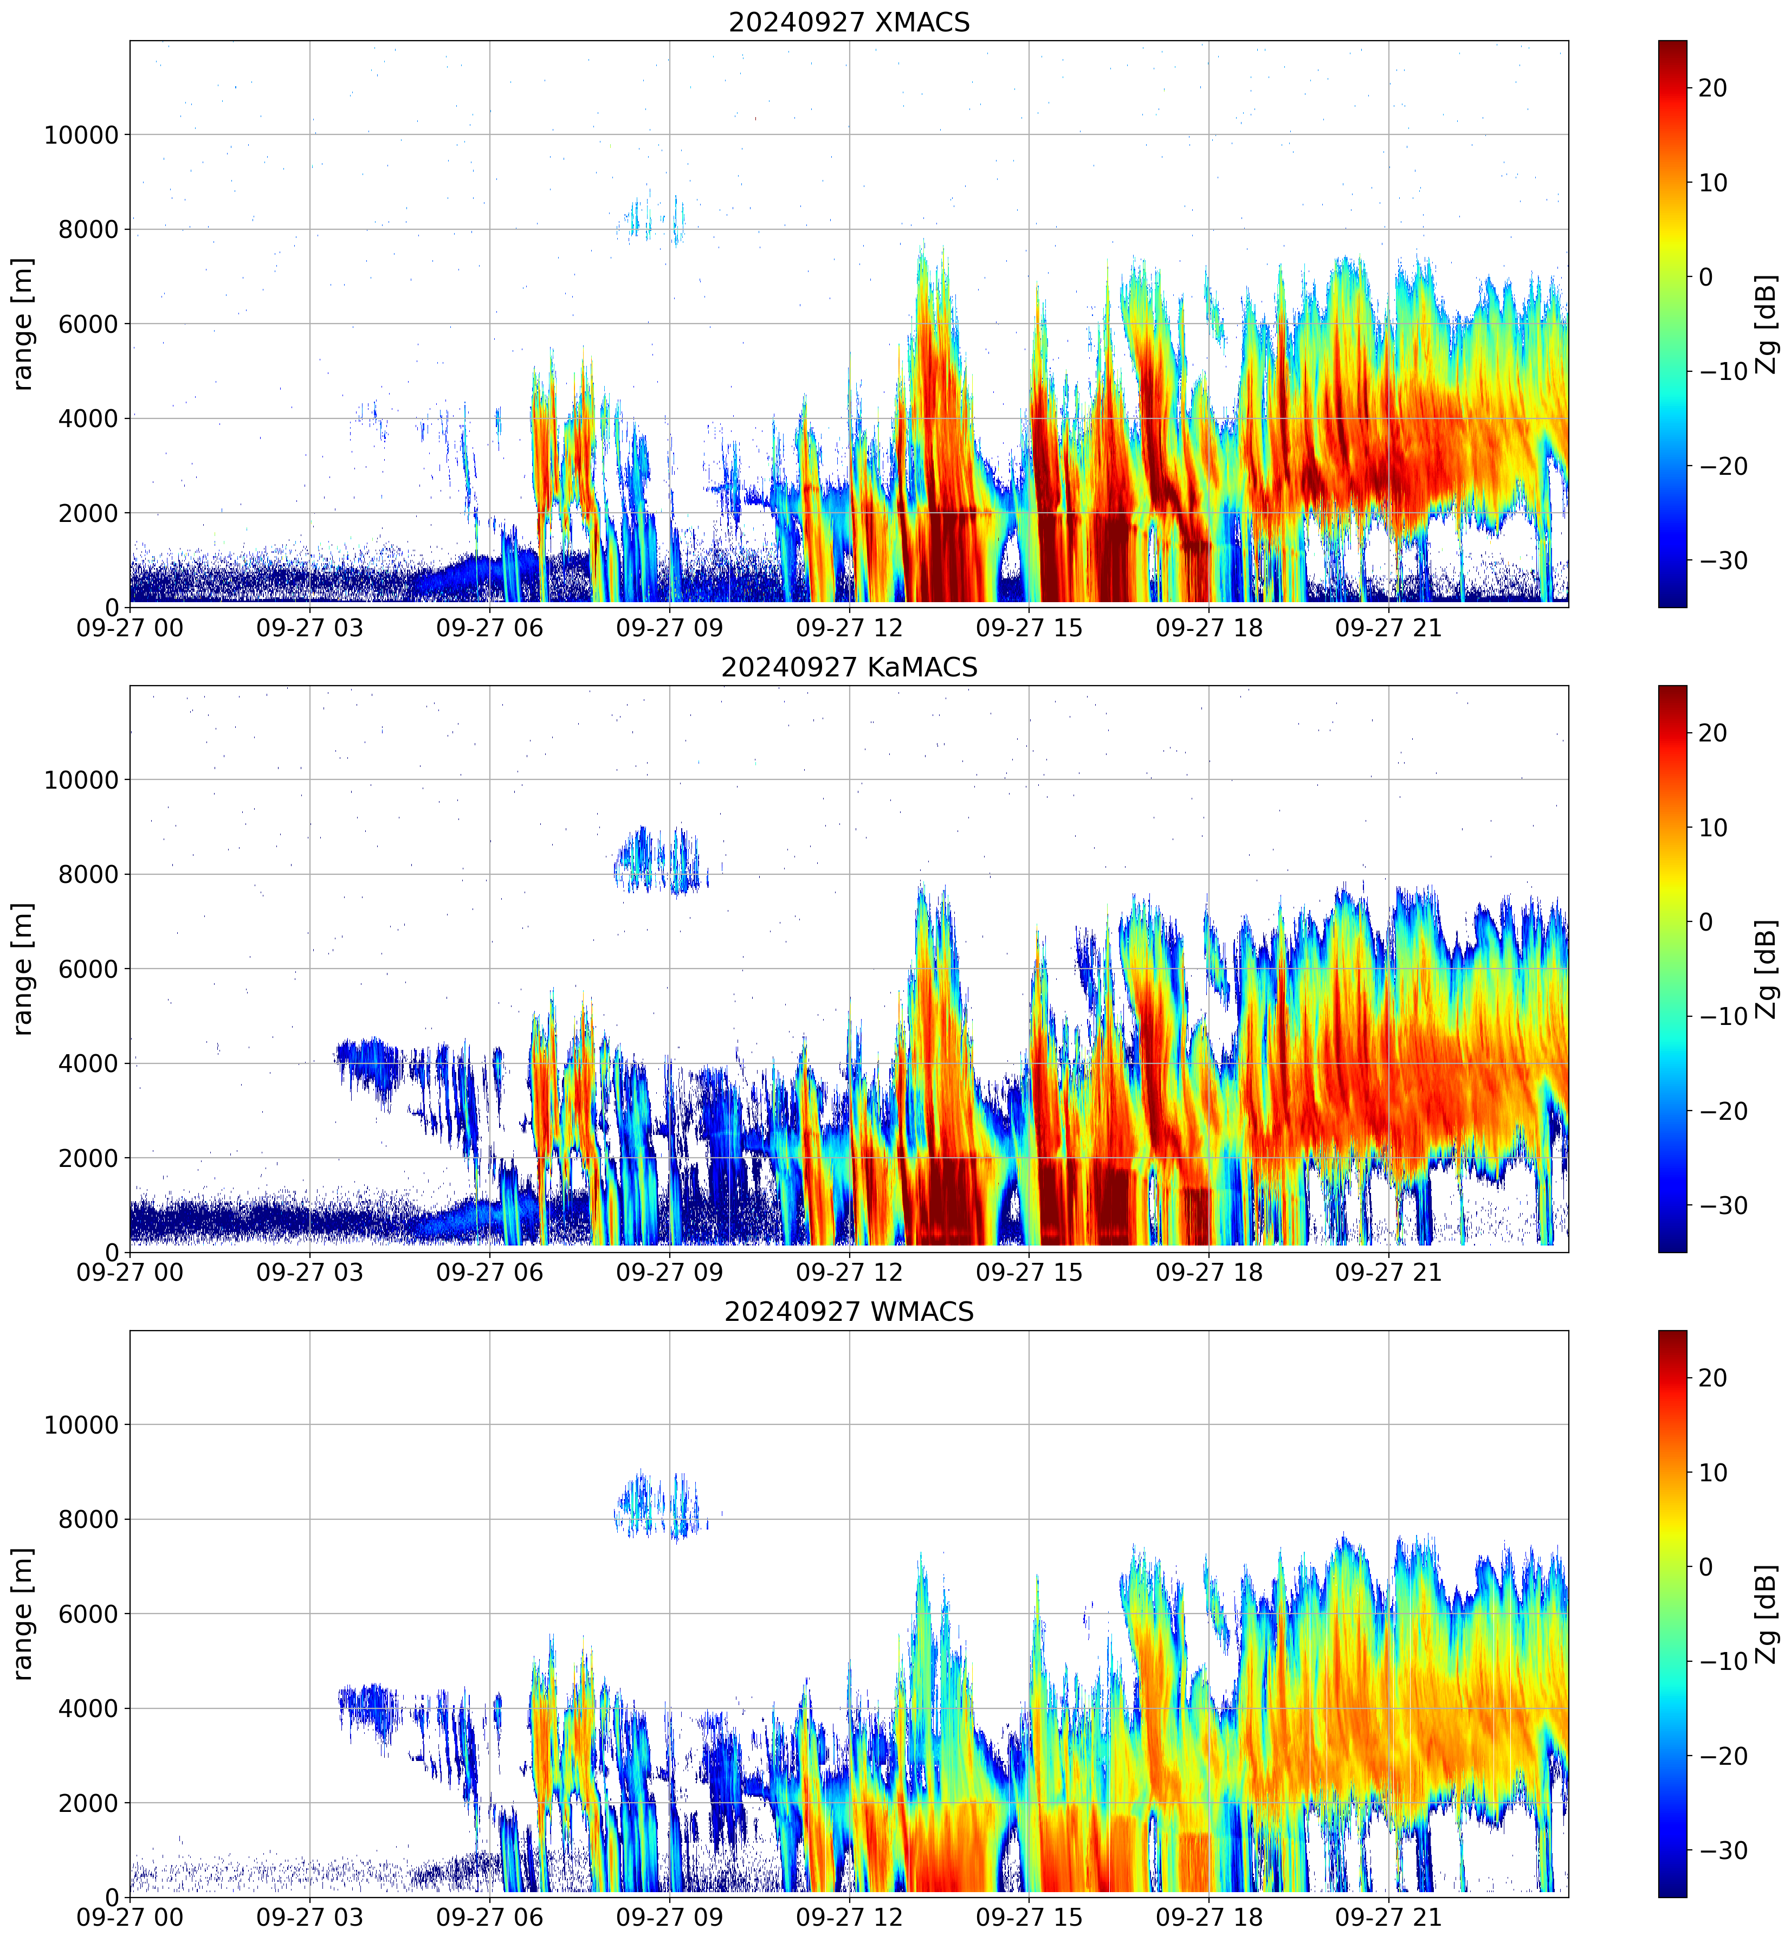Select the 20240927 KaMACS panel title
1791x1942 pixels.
tap(849, 667)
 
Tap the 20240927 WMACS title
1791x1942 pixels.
tap(849, 1312)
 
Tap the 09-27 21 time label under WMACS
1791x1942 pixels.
tap(1389, 1918)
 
